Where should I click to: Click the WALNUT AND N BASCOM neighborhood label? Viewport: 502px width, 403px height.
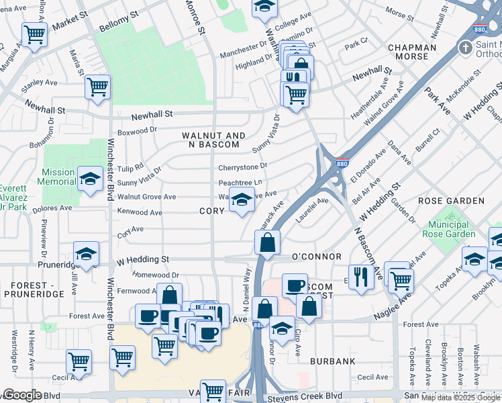[x=210, y=140]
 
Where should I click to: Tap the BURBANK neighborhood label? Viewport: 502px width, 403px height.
[x=332, y=361]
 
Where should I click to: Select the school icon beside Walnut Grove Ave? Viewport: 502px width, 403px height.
[x=242, y=199]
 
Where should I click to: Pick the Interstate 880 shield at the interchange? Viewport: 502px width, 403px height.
[x=342, y=163]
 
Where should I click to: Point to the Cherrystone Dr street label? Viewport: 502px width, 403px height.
[x=242, y=167]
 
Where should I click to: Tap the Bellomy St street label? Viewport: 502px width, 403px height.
[x=118, y=17]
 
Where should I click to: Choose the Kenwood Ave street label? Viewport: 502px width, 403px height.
[x=140, y=212]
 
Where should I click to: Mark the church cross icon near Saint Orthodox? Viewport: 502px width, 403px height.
[x=465, y=48]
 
